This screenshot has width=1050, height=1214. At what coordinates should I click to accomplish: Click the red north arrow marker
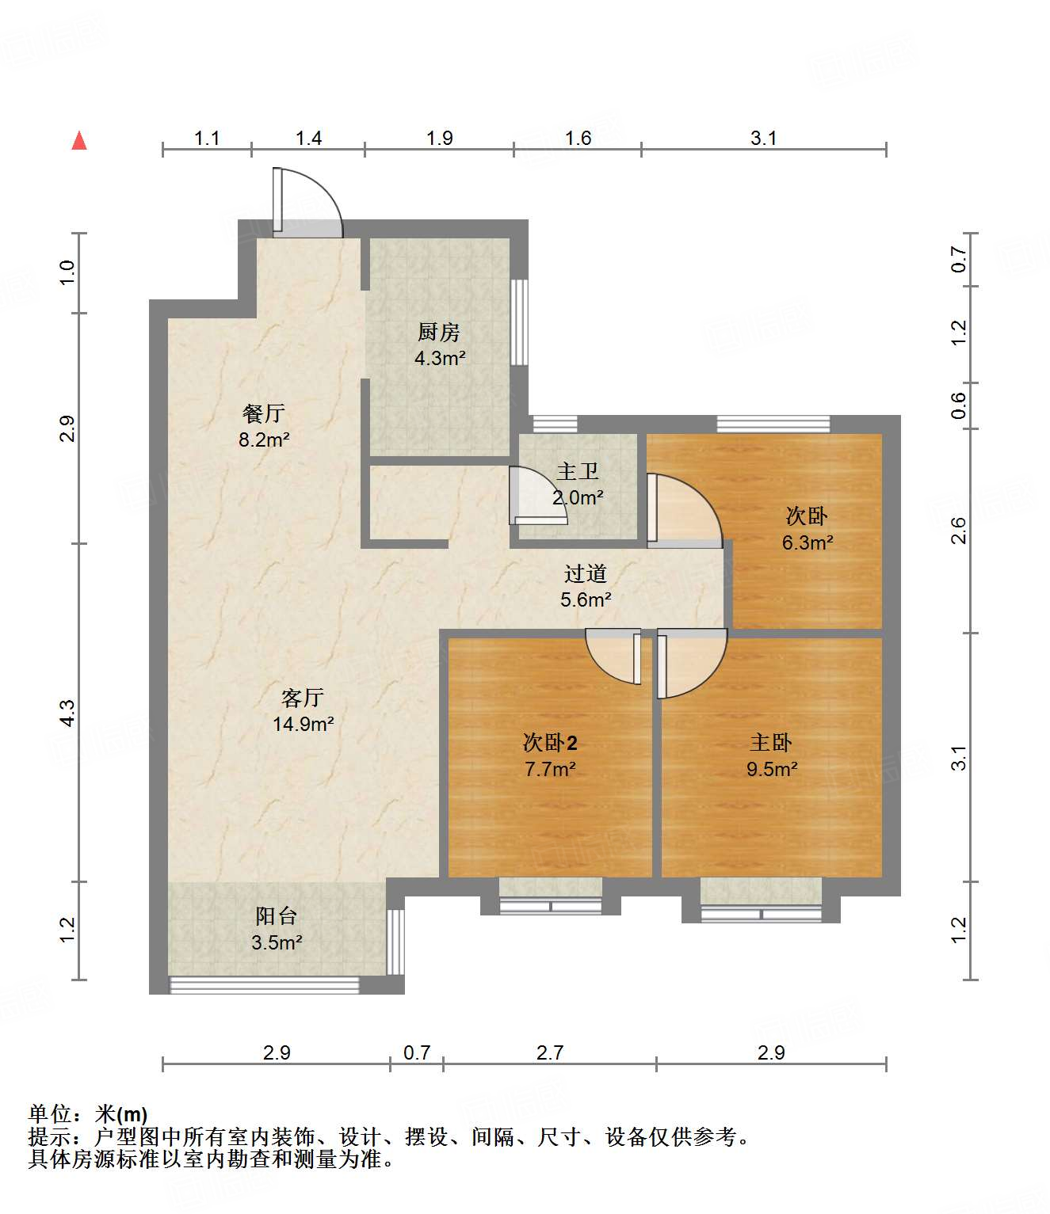tap(79, 141)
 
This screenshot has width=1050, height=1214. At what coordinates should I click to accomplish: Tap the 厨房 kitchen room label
tap(439, 332)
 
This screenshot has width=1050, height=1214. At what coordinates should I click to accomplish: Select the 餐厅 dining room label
tap(264, 413)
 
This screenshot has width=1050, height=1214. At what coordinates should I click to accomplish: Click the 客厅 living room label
tap(303, 698)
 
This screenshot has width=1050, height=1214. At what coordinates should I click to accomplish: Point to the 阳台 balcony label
tap(277, 916)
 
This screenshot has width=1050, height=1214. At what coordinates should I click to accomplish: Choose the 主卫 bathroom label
tap(578, 472)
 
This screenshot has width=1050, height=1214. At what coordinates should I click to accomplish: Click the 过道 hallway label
tap(586, 573)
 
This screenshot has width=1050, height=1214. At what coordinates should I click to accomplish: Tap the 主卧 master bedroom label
tap(771, 743)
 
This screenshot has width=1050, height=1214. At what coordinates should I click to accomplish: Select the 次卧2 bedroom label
tap(550, 743)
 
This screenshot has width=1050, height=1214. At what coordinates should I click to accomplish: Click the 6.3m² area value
tap(807, 542)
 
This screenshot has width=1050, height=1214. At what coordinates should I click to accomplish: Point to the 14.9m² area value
tap(303, 724)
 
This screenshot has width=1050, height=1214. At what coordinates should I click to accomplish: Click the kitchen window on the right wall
tap(519, 322)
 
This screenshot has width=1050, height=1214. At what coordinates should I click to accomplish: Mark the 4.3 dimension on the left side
tap(68, 713)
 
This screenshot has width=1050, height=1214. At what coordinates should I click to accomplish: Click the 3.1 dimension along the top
tap(763, 138)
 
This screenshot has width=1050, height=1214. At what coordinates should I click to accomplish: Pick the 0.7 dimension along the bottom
tap(417, 1052)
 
